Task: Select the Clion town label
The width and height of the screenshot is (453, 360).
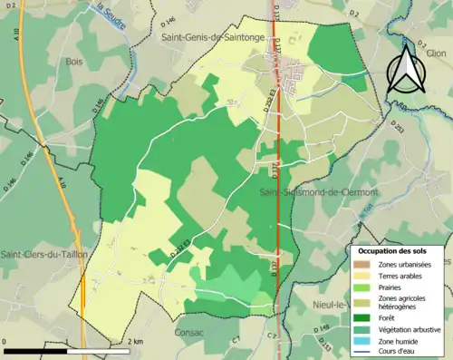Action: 435,54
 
